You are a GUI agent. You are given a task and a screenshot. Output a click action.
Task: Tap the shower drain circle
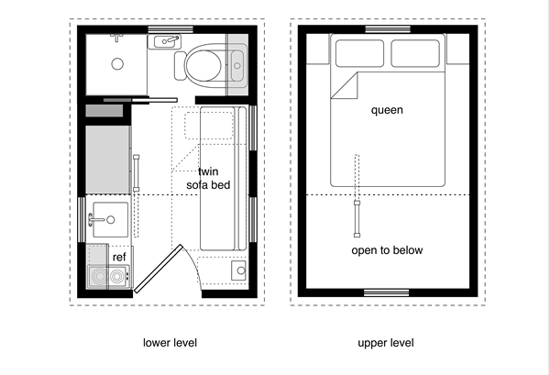click(x=116, y=63)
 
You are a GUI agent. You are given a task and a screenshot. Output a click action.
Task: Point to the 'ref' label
click(x=119, y=258)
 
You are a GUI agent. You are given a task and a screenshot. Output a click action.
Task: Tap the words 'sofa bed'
click(x=207, y=185)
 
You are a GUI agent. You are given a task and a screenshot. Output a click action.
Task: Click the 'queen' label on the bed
click(x=387, y=110)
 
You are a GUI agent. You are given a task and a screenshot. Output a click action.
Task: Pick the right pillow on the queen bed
click(x=415, y=55)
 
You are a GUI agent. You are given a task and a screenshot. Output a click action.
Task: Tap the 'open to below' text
click(x=387, y=250)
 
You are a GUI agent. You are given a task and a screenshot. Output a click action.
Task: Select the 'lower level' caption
click(x=170, y=344)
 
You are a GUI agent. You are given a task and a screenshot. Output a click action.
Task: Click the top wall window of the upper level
click(x=387, y=29)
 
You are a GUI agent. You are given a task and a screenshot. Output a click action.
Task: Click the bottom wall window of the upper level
click(x=387, y=292)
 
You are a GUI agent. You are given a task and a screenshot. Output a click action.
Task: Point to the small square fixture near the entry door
click(x=239, y=271)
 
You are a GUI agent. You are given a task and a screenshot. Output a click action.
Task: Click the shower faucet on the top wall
click(x=116, y=37)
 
